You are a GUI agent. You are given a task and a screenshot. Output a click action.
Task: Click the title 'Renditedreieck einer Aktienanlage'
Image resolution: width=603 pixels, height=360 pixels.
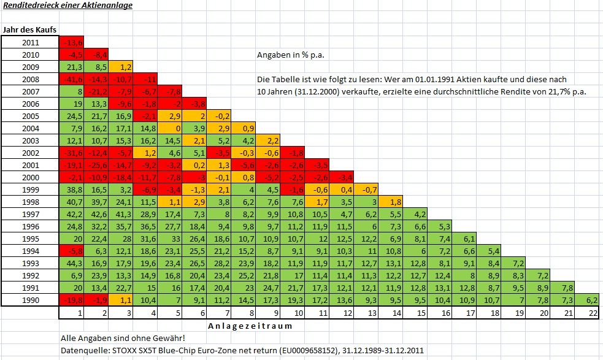pos(67,6)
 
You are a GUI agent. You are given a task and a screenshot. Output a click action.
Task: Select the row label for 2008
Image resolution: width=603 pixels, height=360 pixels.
pos(30,79)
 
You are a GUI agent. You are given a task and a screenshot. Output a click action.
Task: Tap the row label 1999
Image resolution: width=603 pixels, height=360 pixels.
pos(30,190)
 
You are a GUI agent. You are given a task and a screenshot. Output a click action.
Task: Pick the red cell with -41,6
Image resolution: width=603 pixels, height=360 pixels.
pos(71,79)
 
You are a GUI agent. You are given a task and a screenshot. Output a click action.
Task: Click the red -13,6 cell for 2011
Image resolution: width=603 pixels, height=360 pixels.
pos(71,42)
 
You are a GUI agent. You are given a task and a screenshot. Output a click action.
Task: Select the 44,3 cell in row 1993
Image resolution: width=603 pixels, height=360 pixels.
pos(71,263)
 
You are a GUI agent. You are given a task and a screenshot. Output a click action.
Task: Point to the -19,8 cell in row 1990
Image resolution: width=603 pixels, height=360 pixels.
pos(71,300)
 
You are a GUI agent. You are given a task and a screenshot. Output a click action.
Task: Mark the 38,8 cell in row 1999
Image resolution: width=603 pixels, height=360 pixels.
pos(71,190)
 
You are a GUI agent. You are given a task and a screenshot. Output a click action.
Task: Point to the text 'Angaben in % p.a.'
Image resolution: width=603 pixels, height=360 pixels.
pos(290,55)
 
